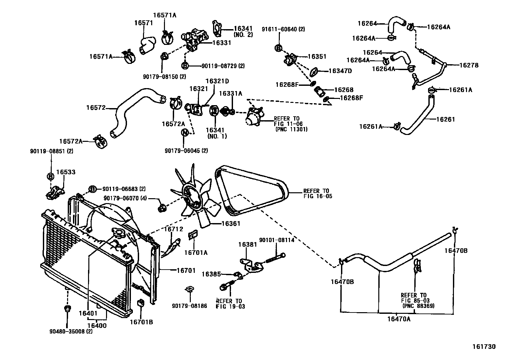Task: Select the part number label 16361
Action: click(x=231, y=224)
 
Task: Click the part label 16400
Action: click(x=97, y=326)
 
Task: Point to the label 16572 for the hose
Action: click(x=96, y=107)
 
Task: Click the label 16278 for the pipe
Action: click(x=469, y=65)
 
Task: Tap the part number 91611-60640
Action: click(x=283, y=29)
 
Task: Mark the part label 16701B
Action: click(x=141, y=322)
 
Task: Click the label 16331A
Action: click(x=230, y=93)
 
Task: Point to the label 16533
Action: click(x=65, y=172)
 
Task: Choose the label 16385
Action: click(x=211, y=274)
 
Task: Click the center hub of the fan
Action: click(x=192, y=197)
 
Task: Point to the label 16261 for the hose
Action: click(x=445, y=119)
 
